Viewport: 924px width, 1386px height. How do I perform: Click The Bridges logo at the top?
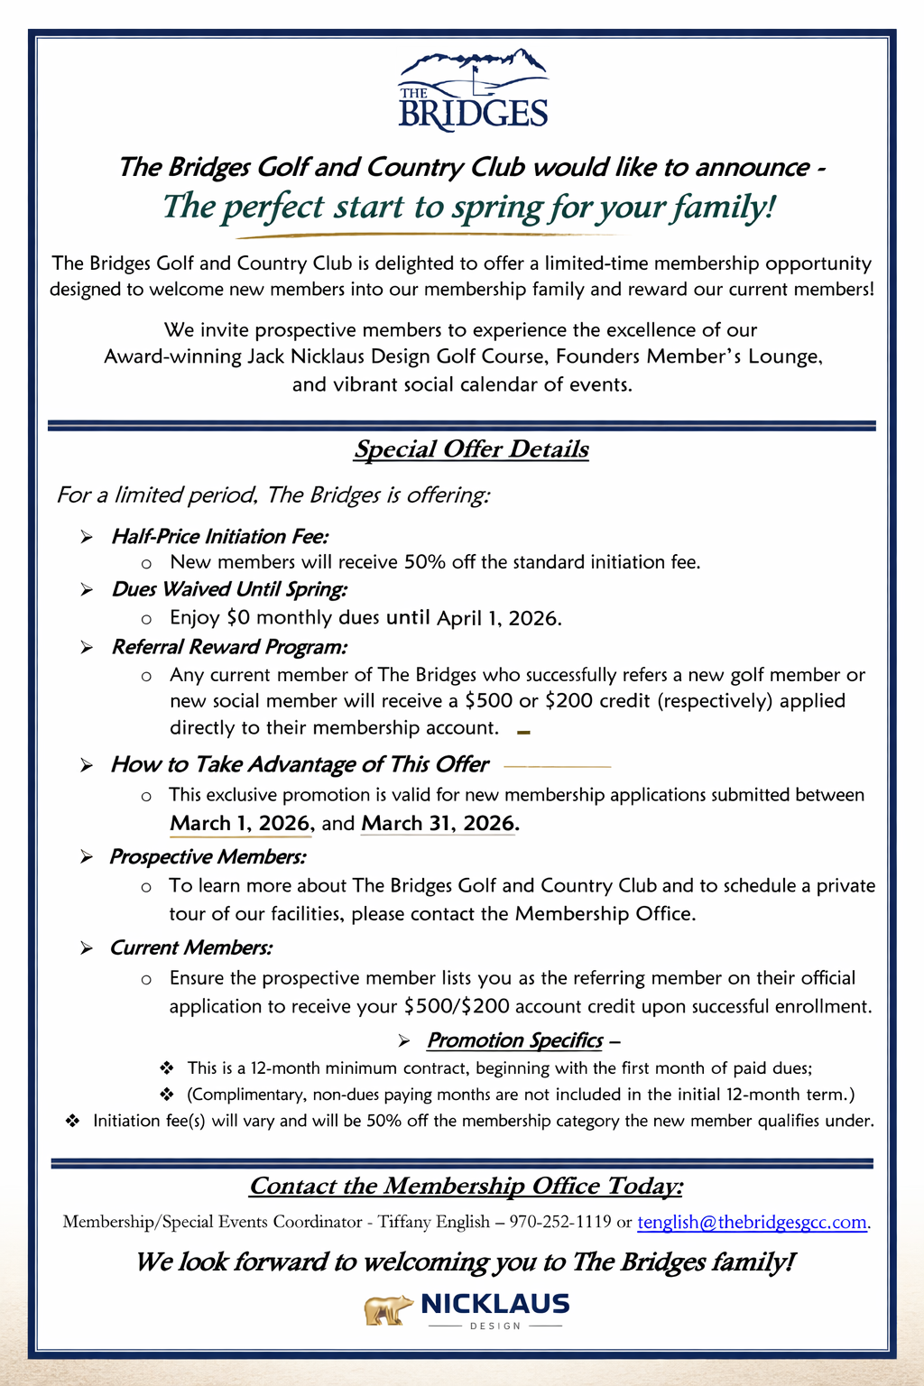473,90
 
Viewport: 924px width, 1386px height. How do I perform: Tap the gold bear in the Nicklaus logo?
388,1309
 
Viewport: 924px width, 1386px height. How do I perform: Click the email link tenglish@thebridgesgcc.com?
752,1223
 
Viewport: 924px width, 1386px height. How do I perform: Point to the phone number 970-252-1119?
560,1223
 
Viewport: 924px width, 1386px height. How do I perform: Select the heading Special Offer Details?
471,449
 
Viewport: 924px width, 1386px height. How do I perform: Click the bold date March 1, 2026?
241,824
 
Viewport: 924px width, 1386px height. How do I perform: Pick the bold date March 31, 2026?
439,824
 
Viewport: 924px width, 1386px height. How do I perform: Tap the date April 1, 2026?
499,619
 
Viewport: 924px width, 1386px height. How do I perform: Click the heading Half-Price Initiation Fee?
219,537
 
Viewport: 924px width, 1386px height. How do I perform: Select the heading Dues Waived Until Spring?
229,590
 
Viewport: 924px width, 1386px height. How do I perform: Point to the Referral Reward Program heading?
229,647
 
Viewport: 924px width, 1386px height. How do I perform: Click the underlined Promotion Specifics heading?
514,1041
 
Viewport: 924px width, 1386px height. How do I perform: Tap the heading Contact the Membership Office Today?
466,1186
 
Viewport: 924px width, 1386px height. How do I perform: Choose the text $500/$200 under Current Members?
457,1006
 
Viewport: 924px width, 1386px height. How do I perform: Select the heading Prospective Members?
208,857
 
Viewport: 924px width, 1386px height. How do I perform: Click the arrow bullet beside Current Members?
87,948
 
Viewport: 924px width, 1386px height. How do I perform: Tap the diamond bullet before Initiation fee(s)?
73,1122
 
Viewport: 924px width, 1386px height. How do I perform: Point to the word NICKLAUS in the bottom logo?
495,1304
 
